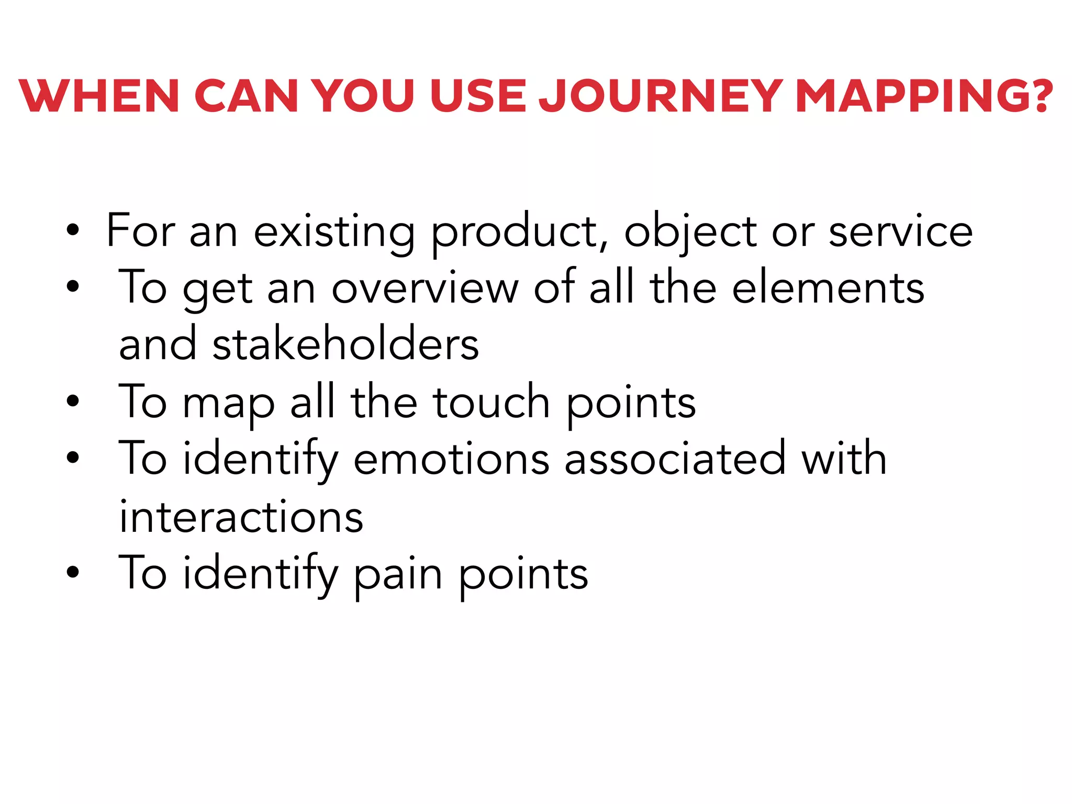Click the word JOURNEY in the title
click(x=661, y=96)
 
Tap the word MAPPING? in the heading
click(x=924, y=96)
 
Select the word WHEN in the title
click(x=99, y=96)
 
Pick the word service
click(x=900, y=232)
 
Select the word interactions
click(x=241, y=517)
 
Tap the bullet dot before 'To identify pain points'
click(x=73, y=572)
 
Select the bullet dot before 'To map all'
click(x=73, y=401)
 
